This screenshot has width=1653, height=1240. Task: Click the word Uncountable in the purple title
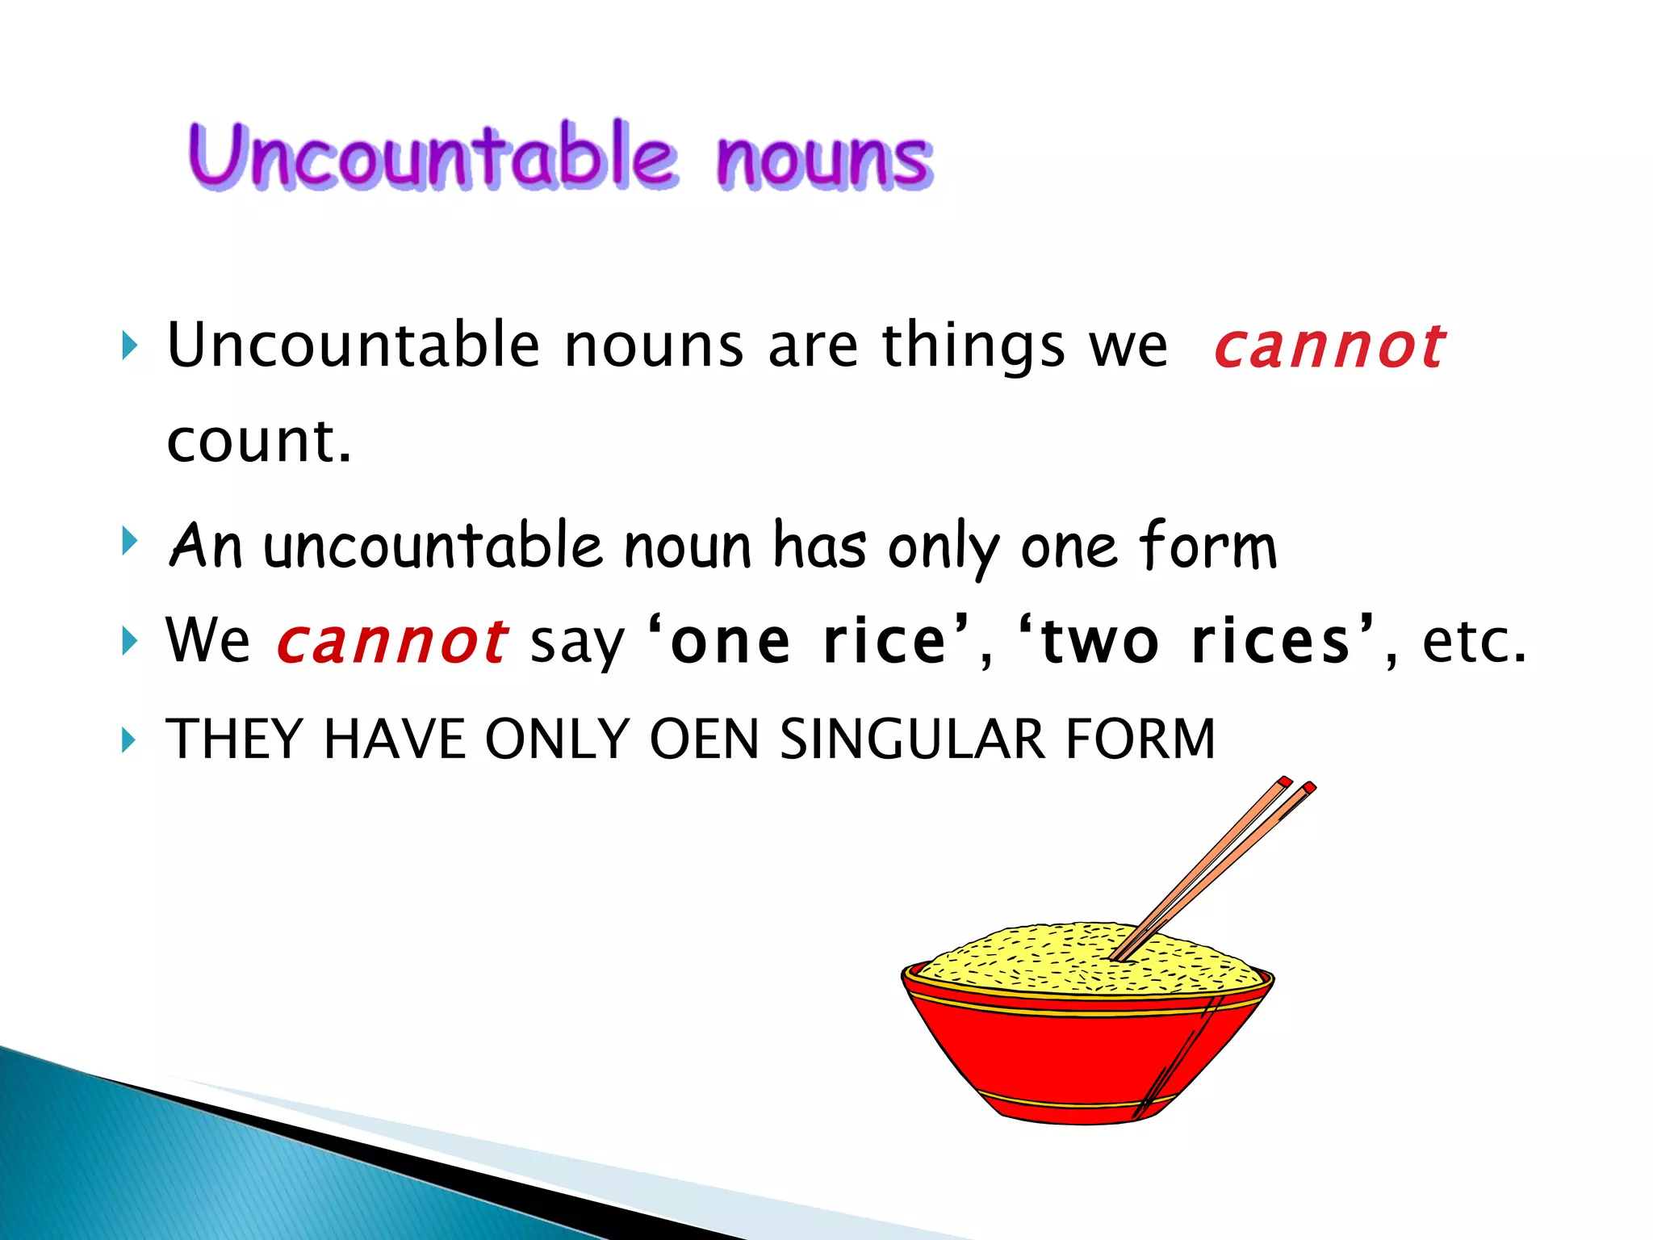click(x=432, y=156)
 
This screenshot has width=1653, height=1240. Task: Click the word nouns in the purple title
click(x=824, y=159)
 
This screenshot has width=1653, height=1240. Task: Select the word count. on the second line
click(x=259, y=442)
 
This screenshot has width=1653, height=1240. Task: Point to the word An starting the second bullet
click(x=205, y=547)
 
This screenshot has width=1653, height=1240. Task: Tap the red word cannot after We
click(x=392, y=642)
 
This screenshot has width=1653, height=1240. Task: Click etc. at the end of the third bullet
click(x=1474, y=642)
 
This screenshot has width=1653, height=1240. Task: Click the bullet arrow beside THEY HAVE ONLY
click(x=128, y=739)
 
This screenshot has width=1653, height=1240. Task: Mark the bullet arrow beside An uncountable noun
click(x=128, y=541)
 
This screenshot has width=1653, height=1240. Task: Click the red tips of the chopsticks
click(x=1295, y=784)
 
